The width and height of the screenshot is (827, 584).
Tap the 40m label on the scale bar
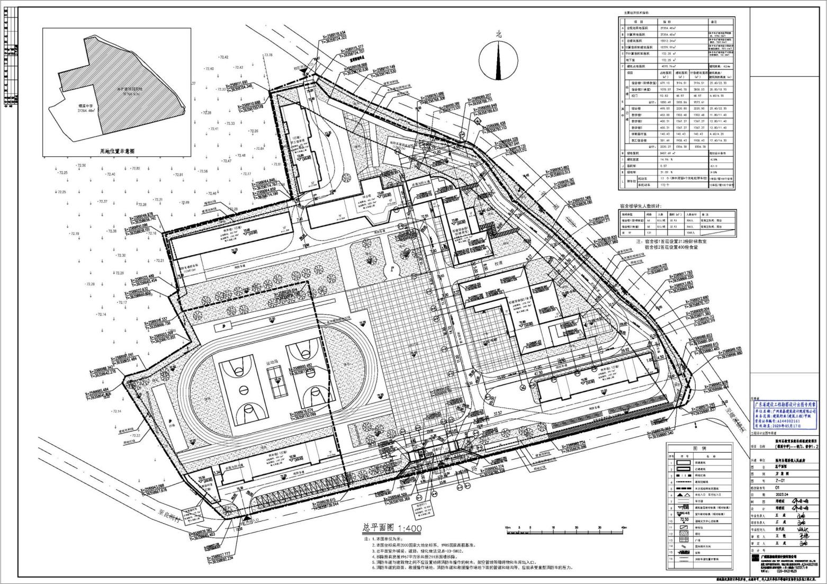[x=624, y=527]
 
